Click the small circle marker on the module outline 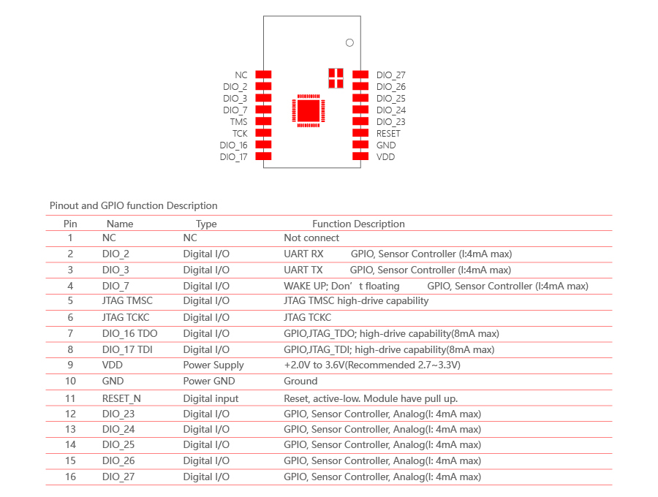(x=349, y=43)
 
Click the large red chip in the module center (x=309, y=110)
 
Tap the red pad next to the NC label (x=263, y=75)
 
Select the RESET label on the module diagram (x=388, y=133)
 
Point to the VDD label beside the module (x=385, y=157)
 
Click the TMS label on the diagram (x=239, y=121)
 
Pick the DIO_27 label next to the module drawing (x=390, y=75)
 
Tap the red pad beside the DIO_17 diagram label (x=263, y=156)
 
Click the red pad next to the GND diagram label (x=360, y=145)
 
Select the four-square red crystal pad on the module (x=336, y=78)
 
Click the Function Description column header (x=358, y=224)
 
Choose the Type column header (x=206, y=224)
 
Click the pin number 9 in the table (x=70, y=365)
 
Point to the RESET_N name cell (x=121, y=398)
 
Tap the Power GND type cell (x=209, y=381)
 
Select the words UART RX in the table (x=303, y=254)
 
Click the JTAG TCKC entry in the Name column (x=126, y=317)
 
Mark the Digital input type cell (x=211, y=398)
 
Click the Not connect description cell (x=311, y=238)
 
